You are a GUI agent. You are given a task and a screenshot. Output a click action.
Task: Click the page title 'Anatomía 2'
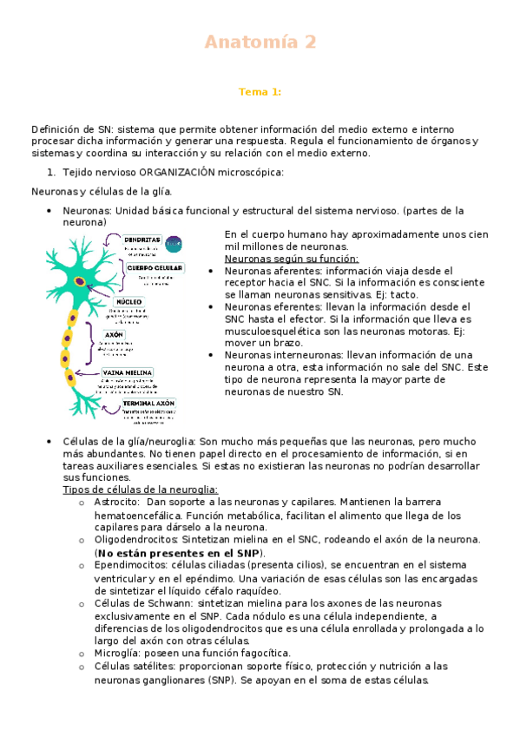coord(260,42)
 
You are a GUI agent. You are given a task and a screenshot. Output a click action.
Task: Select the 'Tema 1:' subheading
coord(260,91)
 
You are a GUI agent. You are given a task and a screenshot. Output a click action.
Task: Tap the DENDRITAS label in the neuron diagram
coord(142,239)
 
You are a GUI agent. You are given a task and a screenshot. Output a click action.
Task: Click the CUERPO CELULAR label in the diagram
coord(155,268)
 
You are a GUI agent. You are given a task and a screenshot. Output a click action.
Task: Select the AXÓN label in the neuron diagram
coord(114,334)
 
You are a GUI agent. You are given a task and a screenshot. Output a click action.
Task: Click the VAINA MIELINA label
coord(128,372)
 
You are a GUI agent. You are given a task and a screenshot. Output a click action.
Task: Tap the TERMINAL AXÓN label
coord(148,404)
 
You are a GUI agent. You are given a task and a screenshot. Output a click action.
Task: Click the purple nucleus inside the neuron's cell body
coord(80,280)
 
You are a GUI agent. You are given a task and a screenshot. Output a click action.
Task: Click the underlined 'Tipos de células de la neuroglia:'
coord(141,490)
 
